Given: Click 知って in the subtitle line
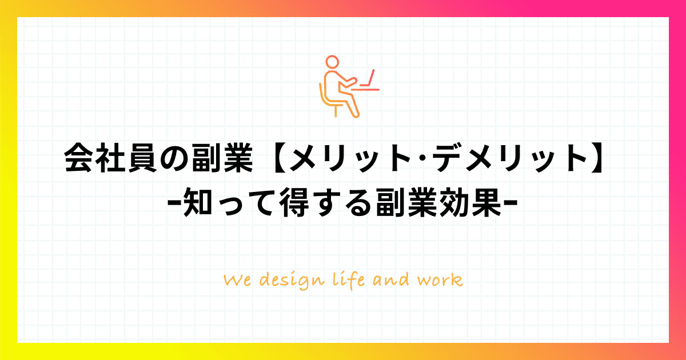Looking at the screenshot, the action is (x=229, y=202).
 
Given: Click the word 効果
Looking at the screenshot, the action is (x=470, y=202).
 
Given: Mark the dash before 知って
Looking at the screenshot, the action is (x=174, y=202).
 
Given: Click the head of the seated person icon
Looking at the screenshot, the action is (x=332, y=62).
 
